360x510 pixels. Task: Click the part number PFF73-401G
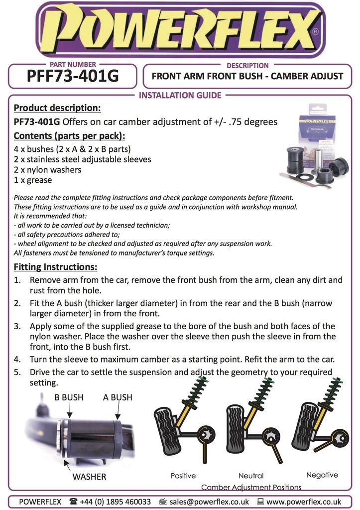73,76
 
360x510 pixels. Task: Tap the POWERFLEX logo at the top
180,30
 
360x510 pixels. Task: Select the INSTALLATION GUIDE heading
180,95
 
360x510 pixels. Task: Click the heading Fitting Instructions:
55,267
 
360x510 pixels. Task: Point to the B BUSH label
69,397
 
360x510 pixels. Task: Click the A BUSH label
118,397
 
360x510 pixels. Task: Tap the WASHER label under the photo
89,477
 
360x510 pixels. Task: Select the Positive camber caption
183,476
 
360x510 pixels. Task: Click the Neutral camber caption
251,476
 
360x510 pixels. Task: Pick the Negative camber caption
322,475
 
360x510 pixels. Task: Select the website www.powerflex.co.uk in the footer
304,502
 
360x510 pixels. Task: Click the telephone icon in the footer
74,502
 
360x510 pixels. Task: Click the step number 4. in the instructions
17,360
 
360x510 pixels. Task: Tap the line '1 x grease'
33,180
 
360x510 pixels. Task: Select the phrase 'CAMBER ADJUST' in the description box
307,76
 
